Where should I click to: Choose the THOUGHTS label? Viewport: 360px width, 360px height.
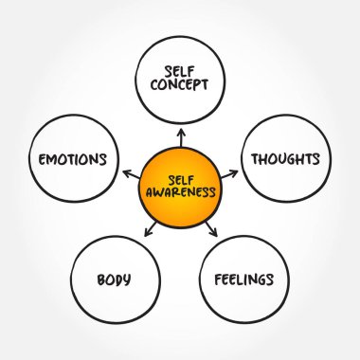[286, 158]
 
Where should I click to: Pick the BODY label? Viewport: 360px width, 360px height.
[113, 279]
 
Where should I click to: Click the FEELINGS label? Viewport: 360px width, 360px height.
[244, 279]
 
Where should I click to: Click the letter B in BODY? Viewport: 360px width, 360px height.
[100, 279]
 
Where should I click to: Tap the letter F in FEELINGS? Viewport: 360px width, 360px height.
[219, 279]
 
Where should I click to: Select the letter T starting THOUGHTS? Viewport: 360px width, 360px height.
[254, 158]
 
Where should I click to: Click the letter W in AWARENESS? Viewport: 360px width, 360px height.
[159, 191]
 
